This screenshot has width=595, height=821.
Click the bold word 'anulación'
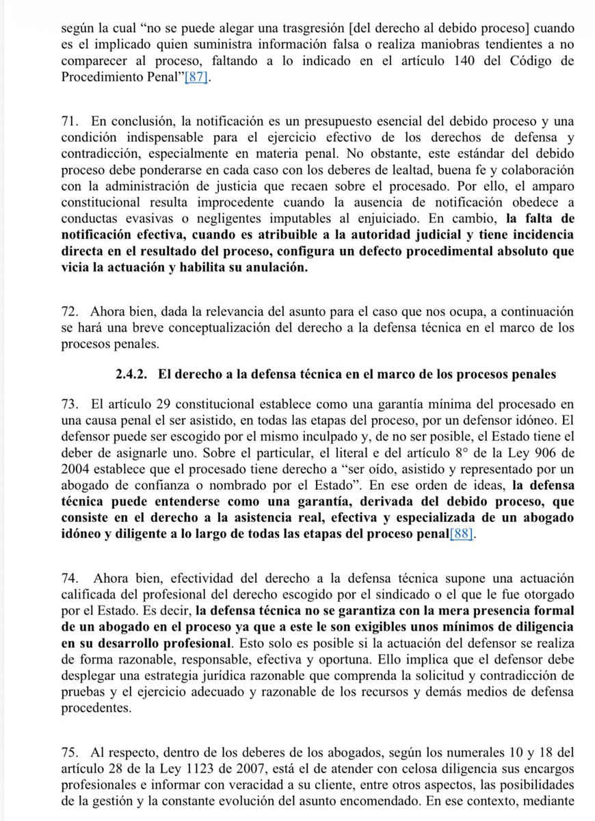[271, 268]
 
